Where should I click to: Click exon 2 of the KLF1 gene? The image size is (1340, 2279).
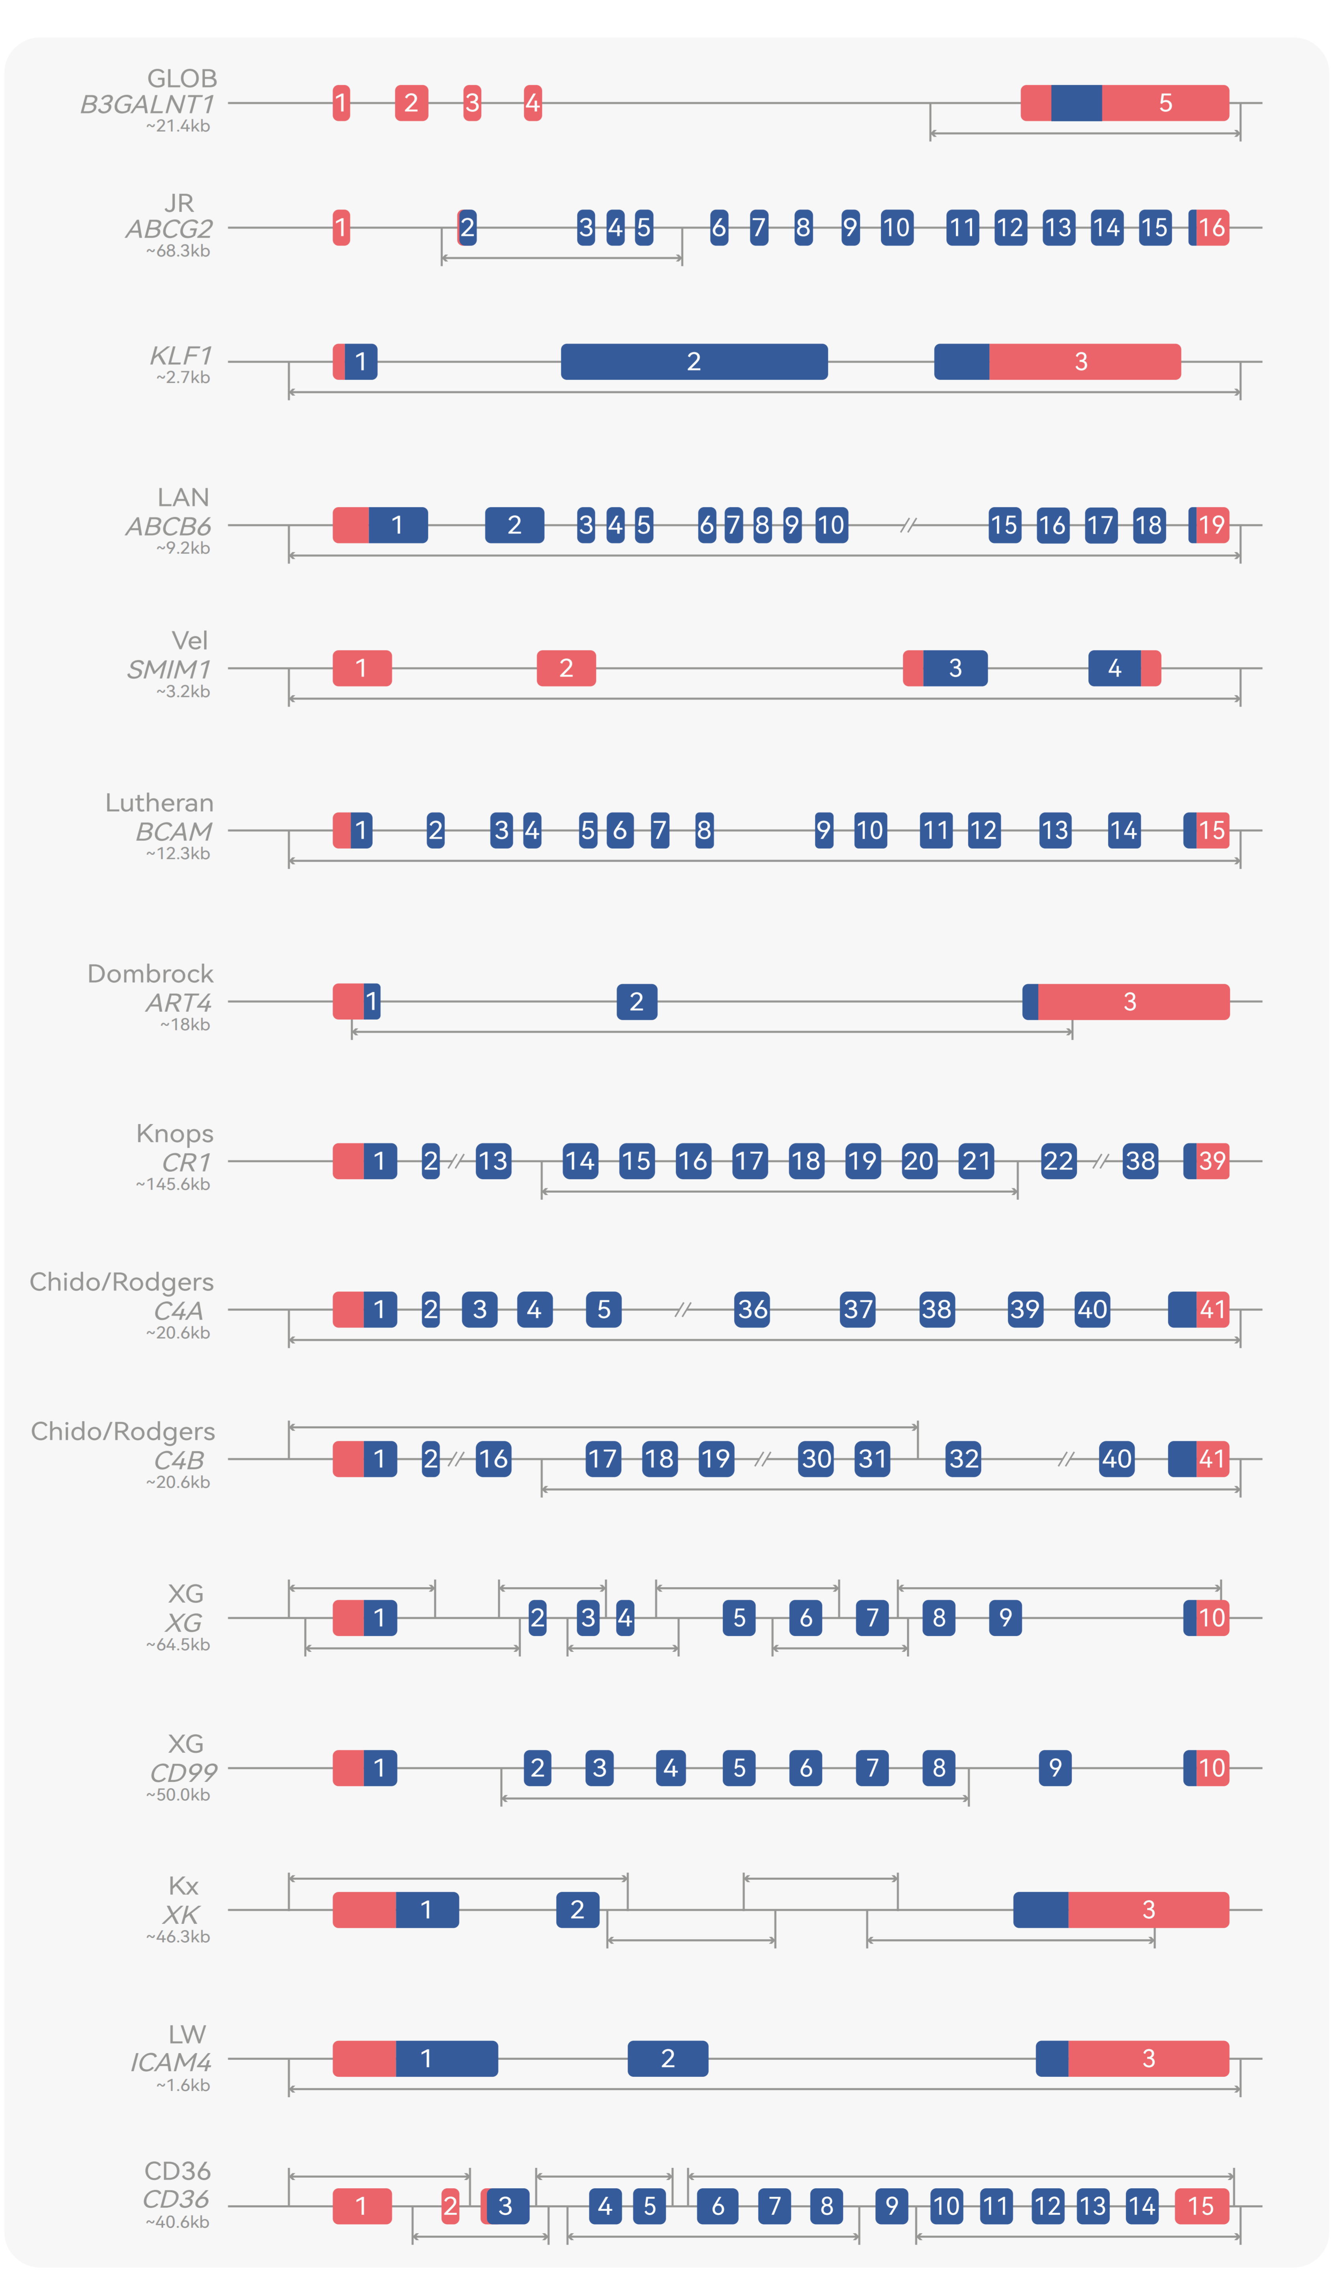click(x=694, y=362)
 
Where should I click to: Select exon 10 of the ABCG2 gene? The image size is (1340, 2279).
click(x=897, y=228)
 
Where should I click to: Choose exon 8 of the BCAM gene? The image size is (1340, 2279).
click(x=704, y=830)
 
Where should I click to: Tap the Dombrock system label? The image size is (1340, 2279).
click(x=150, y=974)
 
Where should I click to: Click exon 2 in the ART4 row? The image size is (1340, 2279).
click(x=637, y=1002)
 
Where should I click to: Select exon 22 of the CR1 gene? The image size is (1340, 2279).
click(x=1058, y=1161)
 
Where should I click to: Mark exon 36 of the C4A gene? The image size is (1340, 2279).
click(x=752, y=1309)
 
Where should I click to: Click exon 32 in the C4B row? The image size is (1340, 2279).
click(x=964, y=1459)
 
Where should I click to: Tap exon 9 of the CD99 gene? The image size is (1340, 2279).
click(x=1055, y=1768)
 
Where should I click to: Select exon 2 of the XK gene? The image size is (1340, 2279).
click(x=577, y=1910)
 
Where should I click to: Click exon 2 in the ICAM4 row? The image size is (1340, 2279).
click(x=668, y=2059)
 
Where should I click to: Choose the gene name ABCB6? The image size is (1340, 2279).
click(x=169, y=526)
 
